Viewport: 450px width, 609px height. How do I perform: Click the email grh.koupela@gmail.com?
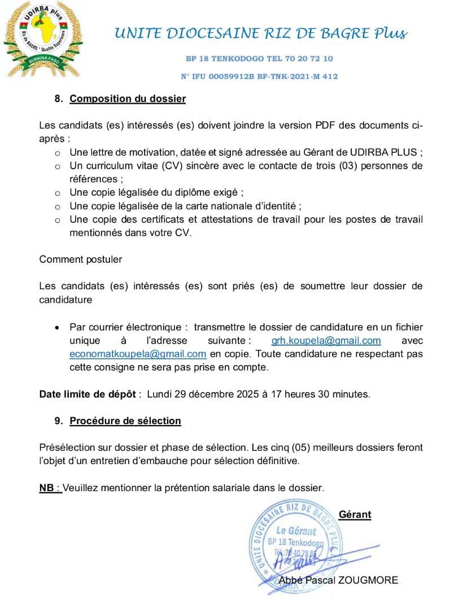click(326, 341)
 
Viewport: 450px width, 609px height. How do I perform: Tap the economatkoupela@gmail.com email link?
click(138, 354)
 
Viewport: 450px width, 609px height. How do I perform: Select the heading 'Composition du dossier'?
click(128, 99)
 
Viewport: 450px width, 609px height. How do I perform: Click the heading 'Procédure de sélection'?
click(125, 421)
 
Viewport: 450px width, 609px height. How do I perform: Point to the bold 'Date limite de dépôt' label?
click(88, 394)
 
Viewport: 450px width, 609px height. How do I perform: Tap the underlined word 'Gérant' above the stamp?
click(355, 514)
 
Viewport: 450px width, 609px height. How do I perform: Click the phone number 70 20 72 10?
click(311, 59)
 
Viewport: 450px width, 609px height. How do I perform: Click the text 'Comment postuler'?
click(81, 259)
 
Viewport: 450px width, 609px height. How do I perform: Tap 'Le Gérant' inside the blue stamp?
click(296, 531)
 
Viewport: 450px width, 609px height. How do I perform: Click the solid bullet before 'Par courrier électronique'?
click(56, 328)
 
